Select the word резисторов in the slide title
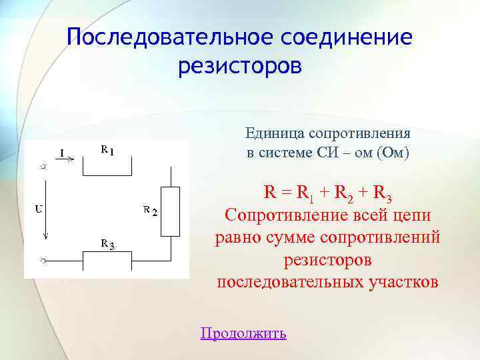point(240,67)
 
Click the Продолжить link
point(243,333)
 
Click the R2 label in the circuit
point(150,212)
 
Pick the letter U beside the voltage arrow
point(39,209)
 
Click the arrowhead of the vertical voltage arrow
point(45,237)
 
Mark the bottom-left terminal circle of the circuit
point(42,261)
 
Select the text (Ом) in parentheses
point(393,153)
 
